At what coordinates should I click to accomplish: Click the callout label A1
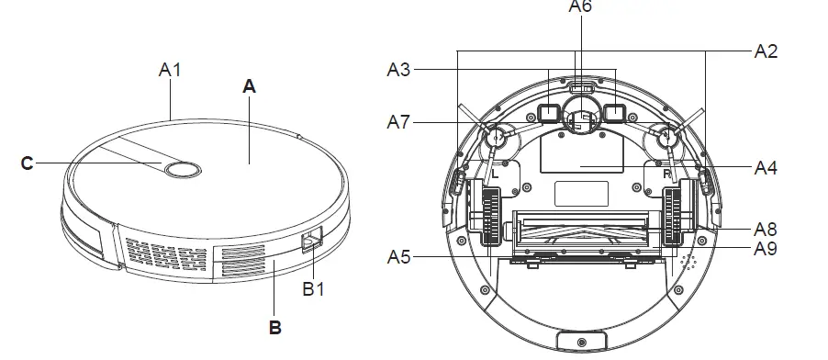pos(170,69)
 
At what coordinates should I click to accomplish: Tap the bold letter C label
pos(27,163)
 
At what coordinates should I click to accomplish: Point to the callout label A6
pos(580,6)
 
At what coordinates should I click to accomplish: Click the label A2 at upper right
pos(766,51)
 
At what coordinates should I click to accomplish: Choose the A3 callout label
pos(398,69)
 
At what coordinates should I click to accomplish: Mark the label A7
pos(398,121)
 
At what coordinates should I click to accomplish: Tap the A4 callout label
pos(766,168)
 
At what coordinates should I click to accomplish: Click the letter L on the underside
pos(494,172)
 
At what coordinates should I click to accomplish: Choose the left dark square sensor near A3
pos(548,113)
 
